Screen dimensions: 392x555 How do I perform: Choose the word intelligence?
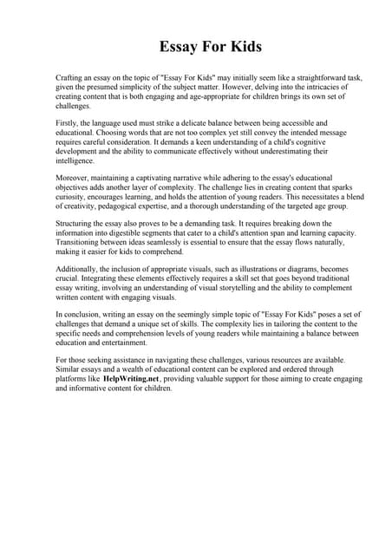pyautogui.click(x=75, y=161)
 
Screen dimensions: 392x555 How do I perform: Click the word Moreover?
pyautogui.click(x=74, y=179)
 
